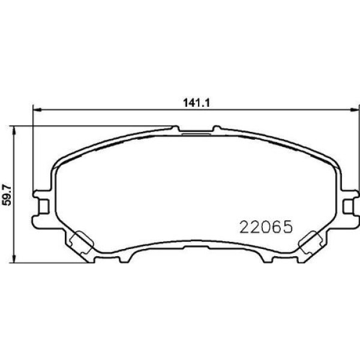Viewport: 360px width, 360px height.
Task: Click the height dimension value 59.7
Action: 7,194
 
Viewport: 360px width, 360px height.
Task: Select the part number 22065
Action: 266,227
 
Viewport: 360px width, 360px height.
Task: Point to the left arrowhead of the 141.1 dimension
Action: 35,110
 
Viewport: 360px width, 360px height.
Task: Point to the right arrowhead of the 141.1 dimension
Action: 353,110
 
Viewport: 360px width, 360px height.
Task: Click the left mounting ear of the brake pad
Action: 42,205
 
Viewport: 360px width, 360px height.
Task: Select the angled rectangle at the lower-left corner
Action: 80,242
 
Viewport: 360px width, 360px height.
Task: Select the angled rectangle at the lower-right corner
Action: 310,242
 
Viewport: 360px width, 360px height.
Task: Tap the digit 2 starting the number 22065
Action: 245,227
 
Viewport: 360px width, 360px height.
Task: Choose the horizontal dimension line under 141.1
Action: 120,110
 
